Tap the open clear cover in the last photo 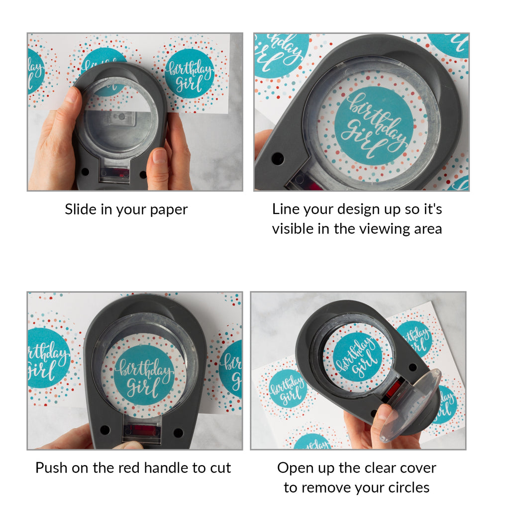point(410,406)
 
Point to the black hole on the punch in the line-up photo point(278,159)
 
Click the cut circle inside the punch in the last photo point(358,357)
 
